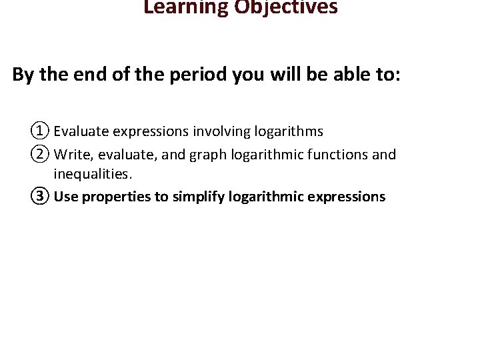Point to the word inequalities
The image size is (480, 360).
93,175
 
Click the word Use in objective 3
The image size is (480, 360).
65,197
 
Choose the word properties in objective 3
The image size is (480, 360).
114,197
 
